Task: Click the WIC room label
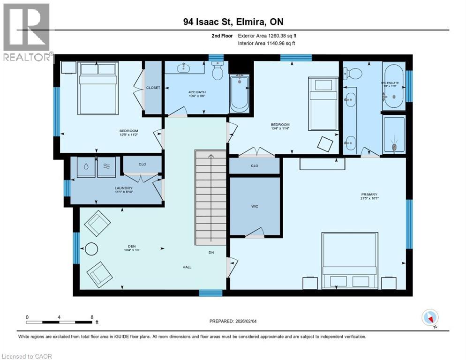(x=255, y=206)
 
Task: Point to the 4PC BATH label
(x=196, y=93)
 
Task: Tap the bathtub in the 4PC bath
(x=239, y=93)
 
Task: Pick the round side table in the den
(x=91, y=249)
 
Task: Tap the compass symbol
(x=429, y=318)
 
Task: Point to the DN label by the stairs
(x=212, y=253)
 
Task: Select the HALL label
(x=187, y=267)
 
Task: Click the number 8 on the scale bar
(x=91, y=317)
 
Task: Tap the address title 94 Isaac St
(x=233, y=22)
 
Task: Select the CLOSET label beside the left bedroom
(x=153, y=88)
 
